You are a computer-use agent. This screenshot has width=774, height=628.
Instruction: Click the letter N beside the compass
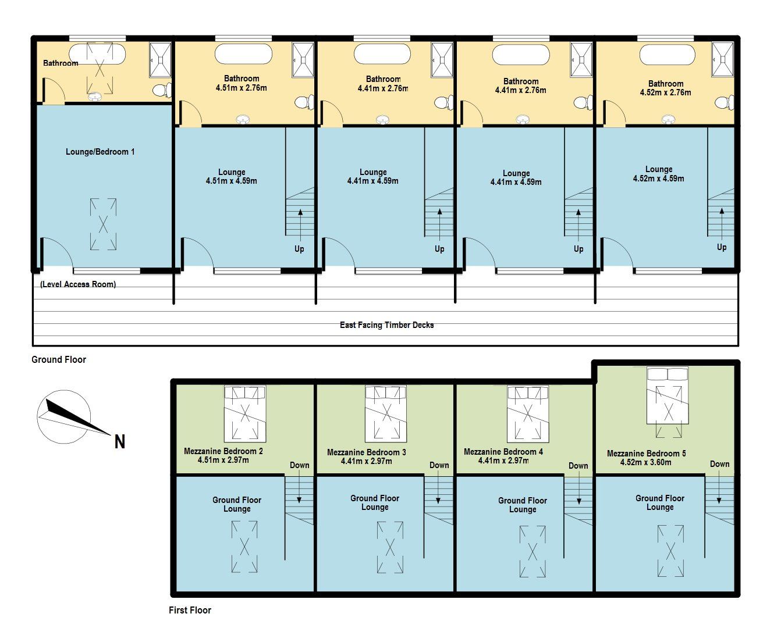tap(119, 442)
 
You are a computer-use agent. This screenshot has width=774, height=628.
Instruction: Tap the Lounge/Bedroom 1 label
tap(100, 152)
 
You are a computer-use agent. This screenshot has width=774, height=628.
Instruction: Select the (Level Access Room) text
tap(78, 284)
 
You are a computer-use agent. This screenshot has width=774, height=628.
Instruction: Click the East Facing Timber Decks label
tap(386, 325)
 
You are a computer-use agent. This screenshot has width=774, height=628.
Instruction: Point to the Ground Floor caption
tap(59, 359)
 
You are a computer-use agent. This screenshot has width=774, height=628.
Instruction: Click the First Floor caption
tap(190, 610)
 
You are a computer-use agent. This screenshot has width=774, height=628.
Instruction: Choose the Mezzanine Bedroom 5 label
tap(647, 454)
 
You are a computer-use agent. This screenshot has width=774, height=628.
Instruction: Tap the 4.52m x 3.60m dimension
tap(646, 462)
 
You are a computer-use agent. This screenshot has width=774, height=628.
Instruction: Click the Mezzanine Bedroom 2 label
tap(223, 451)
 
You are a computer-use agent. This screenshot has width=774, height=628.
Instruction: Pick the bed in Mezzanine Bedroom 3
tap(386, 413)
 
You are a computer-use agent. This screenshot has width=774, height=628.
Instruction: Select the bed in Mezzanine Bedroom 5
tap(668, 395)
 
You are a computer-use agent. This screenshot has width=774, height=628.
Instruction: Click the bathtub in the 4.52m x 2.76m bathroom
tap(667, 55)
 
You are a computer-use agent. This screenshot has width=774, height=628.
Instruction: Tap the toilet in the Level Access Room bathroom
tap(162, 90)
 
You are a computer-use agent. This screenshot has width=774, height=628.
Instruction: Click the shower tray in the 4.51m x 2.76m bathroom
tap(303, 60)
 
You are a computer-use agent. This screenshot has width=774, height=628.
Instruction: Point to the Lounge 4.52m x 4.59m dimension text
tap(658, 179)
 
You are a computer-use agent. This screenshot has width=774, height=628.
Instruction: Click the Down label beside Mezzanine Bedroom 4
tap(578, 465)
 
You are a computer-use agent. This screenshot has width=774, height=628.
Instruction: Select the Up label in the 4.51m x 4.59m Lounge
tap(299, 249)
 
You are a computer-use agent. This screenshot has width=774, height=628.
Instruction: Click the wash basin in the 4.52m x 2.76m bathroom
tap(668, 119)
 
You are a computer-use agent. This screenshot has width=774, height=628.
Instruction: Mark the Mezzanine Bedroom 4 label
tap(503, 452)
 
